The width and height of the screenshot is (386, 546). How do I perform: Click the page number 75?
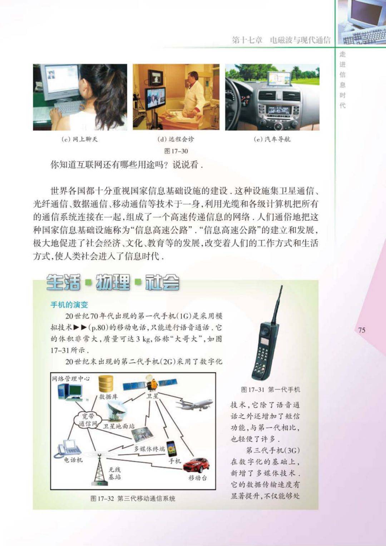coord(362,330)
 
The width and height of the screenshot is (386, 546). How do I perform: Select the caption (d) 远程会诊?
coord(176,139)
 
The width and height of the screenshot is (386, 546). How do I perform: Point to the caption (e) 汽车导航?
coord(272,139)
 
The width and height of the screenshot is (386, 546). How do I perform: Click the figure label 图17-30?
coord(176,151)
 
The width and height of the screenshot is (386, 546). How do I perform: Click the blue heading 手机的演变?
coord(69,305)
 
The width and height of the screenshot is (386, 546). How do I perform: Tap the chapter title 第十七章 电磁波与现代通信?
coord(281,40)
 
